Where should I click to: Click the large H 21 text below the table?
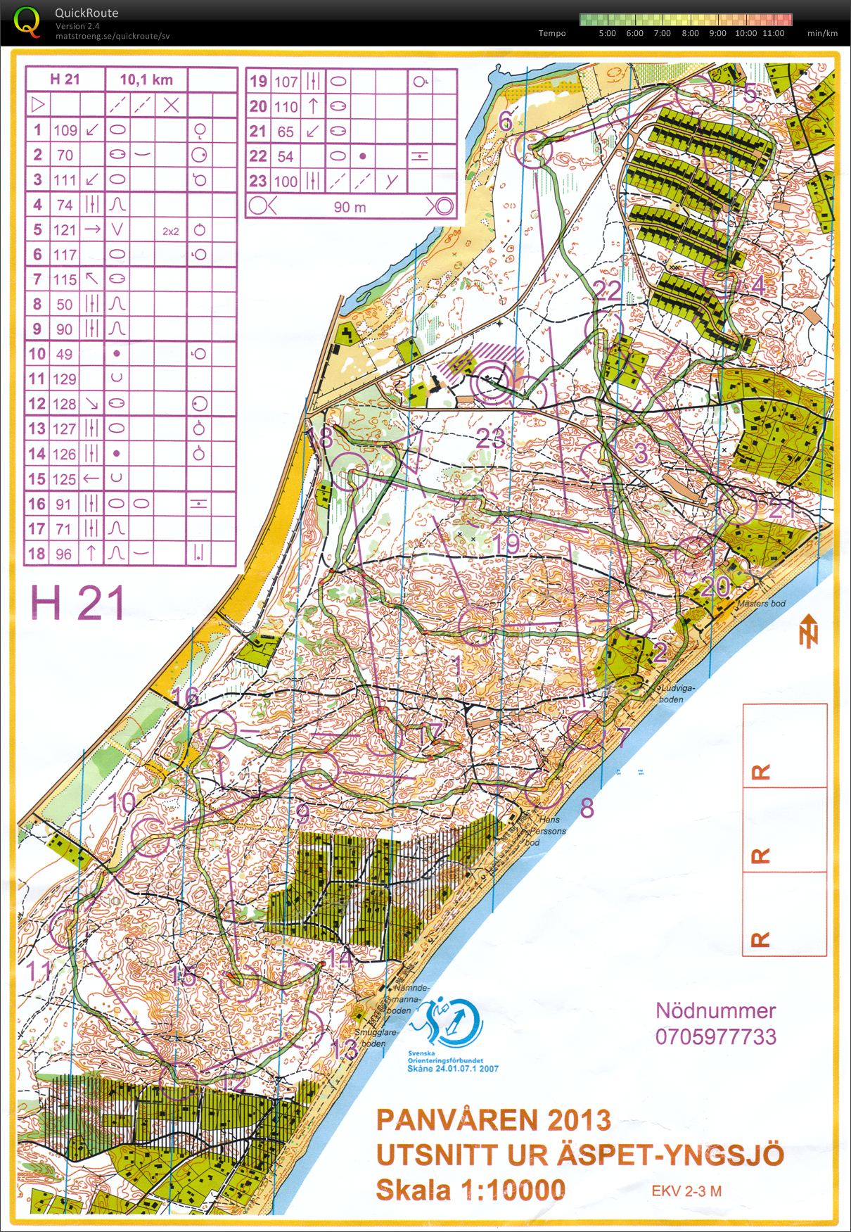click(78, 604)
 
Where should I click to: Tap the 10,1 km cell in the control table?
click(146, 80)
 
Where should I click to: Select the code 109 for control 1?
click(65, 129)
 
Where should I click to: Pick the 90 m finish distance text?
click(350, 207)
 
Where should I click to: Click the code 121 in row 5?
click(65, 229)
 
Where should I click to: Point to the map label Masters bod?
click(761, 604)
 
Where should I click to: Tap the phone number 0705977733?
click(715, 1036)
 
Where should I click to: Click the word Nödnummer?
click(715, 1010)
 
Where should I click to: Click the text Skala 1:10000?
click(471, 1190)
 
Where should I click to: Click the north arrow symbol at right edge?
click(810, 630)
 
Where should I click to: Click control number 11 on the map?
click(39, 971)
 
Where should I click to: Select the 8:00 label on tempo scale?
click(690, 33)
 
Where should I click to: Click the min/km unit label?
click(822, 33)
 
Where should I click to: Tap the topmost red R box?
click(784, 746)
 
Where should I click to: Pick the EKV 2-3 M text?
click(686, 1191)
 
